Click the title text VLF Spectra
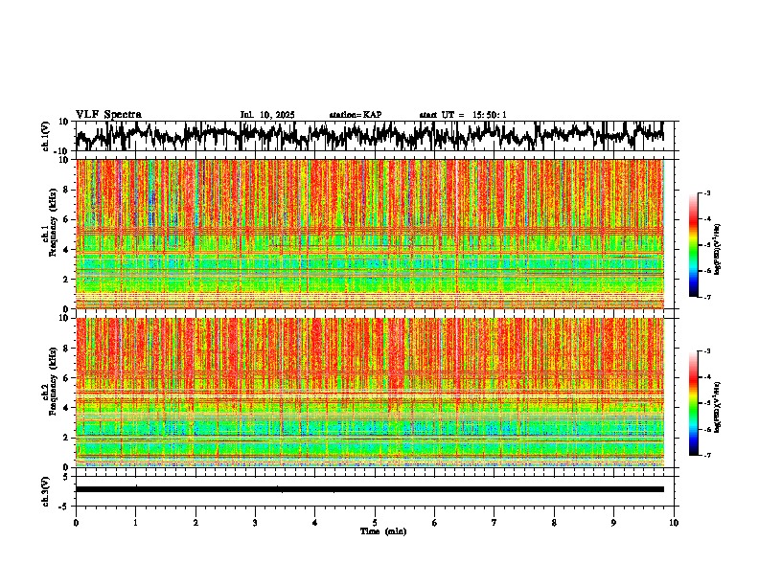(x=108, y=114)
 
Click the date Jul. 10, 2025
(x=267, y=115)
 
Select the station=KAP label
(x=355, y=115)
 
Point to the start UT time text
(x=462, y=115)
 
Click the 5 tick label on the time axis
(x=375, y=523)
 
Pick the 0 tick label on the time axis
(x=76, y=523)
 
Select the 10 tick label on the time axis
(x=674, y=523)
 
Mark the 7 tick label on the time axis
(x=494, y=523)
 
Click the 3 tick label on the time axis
(x=255, y=523)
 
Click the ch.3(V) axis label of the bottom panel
(x=46, y=489)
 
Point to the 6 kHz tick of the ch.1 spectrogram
(x=68, y=219)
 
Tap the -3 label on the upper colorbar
(x=707, y=194)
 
